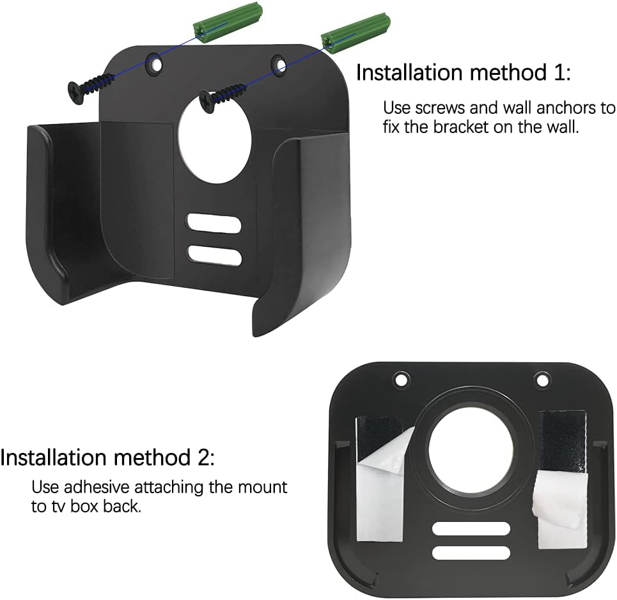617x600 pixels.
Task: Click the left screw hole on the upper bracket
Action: tap(153, 62)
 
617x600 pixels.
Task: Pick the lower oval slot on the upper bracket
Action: tap(215, 256)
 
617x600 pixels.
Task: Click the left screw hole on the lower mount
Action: tap(401, 379)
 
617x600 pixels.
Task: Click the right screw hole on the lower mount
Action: tap(542, 379)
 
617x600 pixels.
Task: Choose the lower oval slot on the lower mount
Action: tap(471, 553)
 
